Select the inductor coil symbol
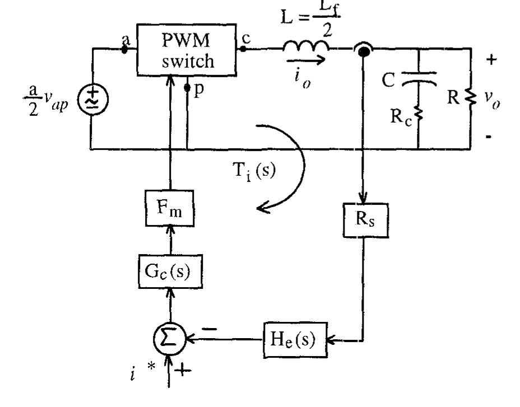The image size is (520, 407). pos(307,49)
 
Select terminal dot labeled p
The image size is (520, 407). pos(188,88)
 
